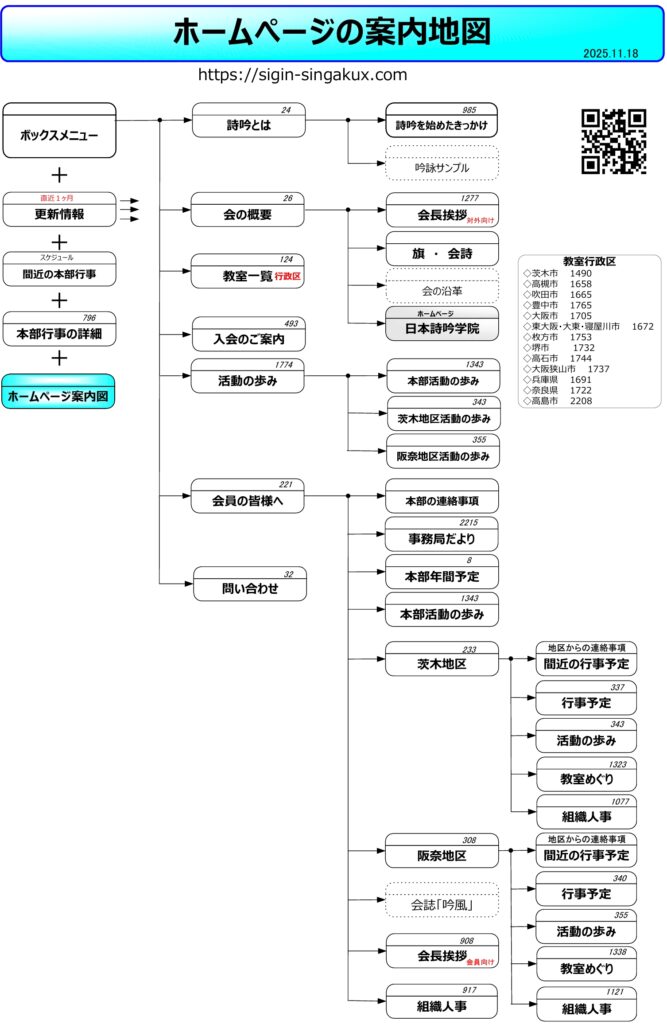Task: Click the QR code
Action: [613, 141]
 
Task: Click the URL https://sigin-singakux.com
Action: [303, 75]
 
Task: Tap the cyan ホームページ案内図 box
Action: [59, 396]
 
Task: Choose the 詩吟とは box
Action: [248, 126]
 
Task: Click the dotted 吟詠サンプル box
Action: [442, 167]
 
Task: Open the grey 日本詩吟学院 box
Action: [442, 328]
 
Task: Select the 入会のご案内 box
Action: [248, 339]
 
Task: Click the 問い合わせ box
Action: [248, 588]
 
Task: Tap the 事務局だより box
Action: [442, 539]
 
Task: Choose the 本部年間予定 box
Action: [442, 576]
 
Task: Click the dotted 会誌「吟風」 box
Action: [442, 905]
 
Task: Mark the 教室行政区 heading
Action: [589, 261]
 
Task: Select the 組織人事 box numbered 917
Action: [442, 1005]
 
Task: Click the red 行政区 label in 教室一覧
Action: [288, 275]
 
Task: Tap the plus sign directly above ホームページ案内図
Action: [59, 358]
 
